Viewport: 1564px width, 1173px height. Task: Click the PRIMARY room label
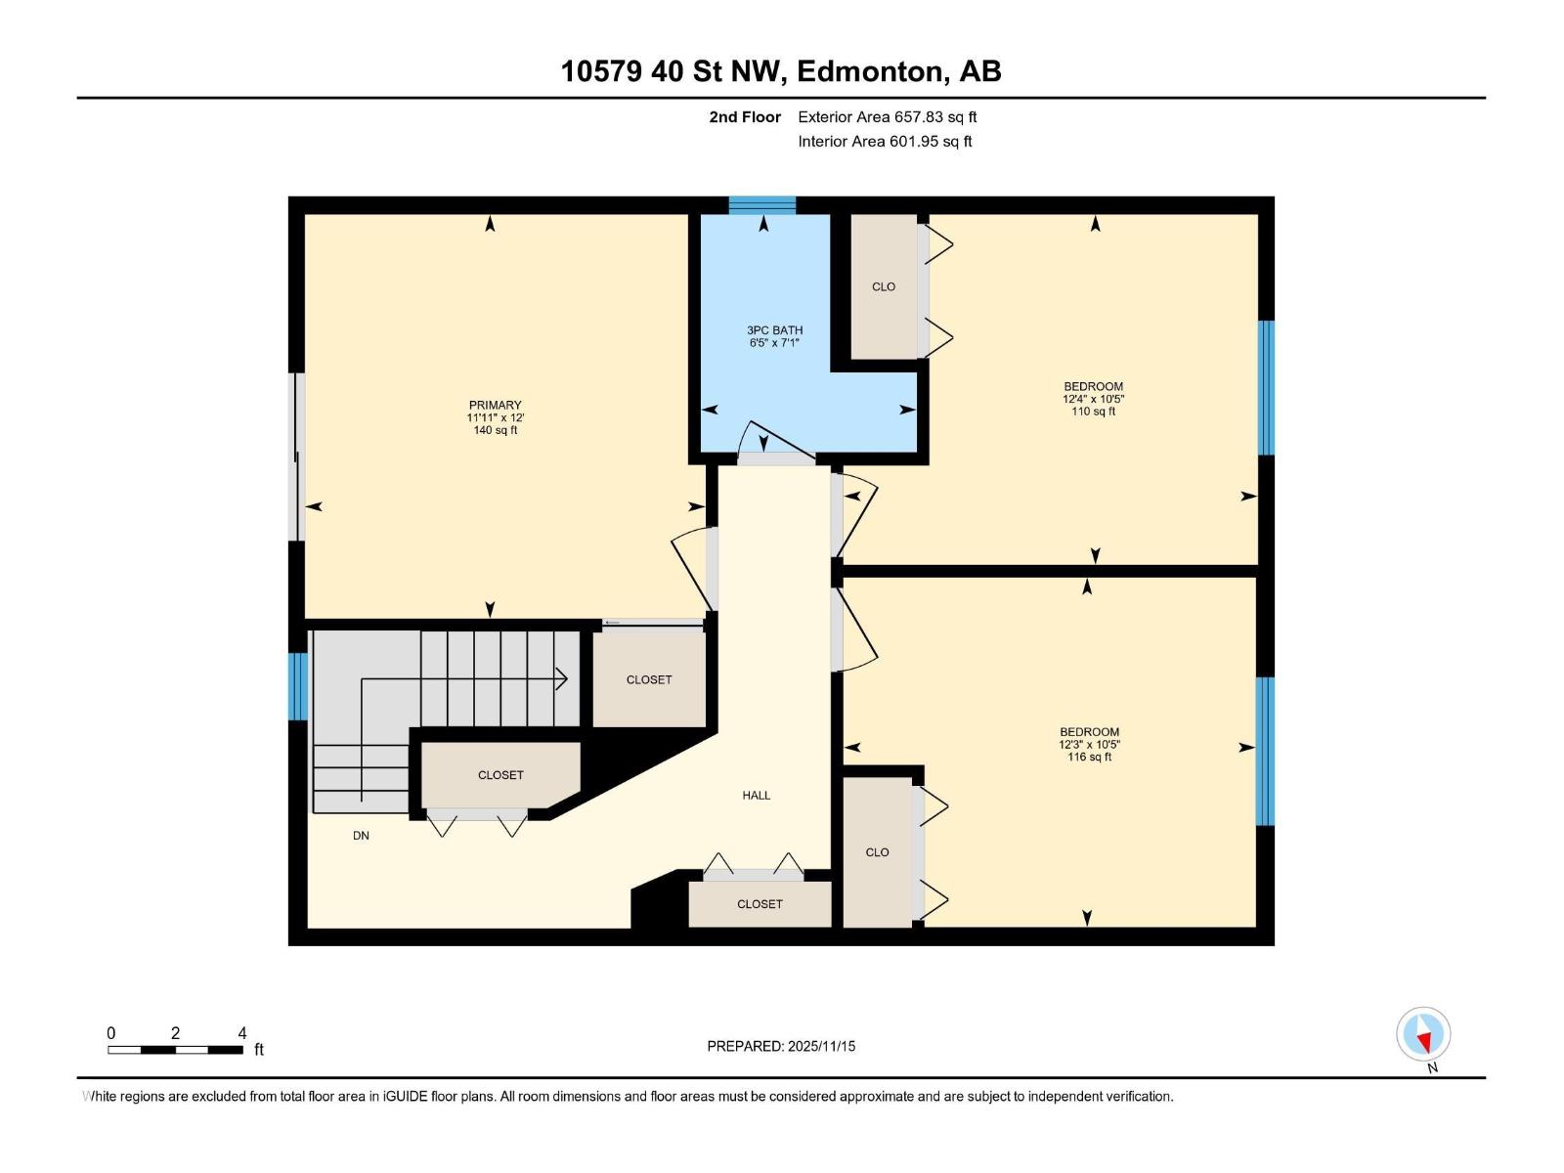pyautogui.click(x=495, y=405)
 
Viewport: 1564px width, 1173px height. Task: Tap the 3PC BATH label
pyautogui.click(x=774, y=330)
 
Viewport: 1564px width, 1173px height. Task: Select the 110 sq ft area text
pyautogui.click(x=1093, y=412)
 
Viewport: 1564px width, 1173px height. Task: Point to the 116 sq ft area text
pyautogui.click(x=1089, y=757)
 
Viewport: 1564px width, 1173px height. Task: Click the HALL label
pyautogui.click(x=756, y=795)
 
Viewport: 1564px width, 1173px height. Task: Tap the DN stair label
pyautogui.click(x=361, y=836)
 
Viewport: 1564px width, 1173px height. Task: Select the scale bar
pyautogui.click(x=176, y=1050)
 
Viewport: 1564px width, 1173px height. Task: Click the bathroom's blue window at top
pyautogui.click(x=761, y=204)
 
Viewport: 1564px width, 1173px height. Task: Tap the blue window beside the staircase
pyautogui.click(x=297, y=686)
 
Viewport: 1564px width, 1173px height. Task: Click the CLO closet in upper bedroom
pyautogui.click(x=884, y=286)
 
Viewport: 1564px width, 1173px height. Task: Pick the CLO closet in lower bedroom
pyautogui.click(x=877, y=852)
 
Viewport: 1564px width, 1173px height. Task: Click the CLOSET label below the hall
pyautogui.click(x=760, y=904)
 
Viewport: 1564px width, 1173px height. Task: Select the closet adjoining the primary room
pyautogui.click(x=649, y=679)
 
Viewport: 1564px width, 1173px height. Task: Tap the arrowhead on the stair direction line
pyautogui.click(x=562, y=677)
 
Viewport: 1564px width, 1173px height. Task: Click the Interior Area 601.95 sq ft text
pyautogui.click(x=885, y=141)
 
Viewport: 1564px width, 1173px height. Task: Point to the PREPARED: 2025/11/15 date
pyautogui.click(x=781, y=1046)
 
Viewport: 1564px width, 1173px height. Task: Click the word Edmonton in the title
pyautogui.click(x=871, y=71)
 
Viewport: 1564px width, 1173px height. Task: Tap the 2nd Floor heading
pyautogui.click(x=745, y=116)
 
